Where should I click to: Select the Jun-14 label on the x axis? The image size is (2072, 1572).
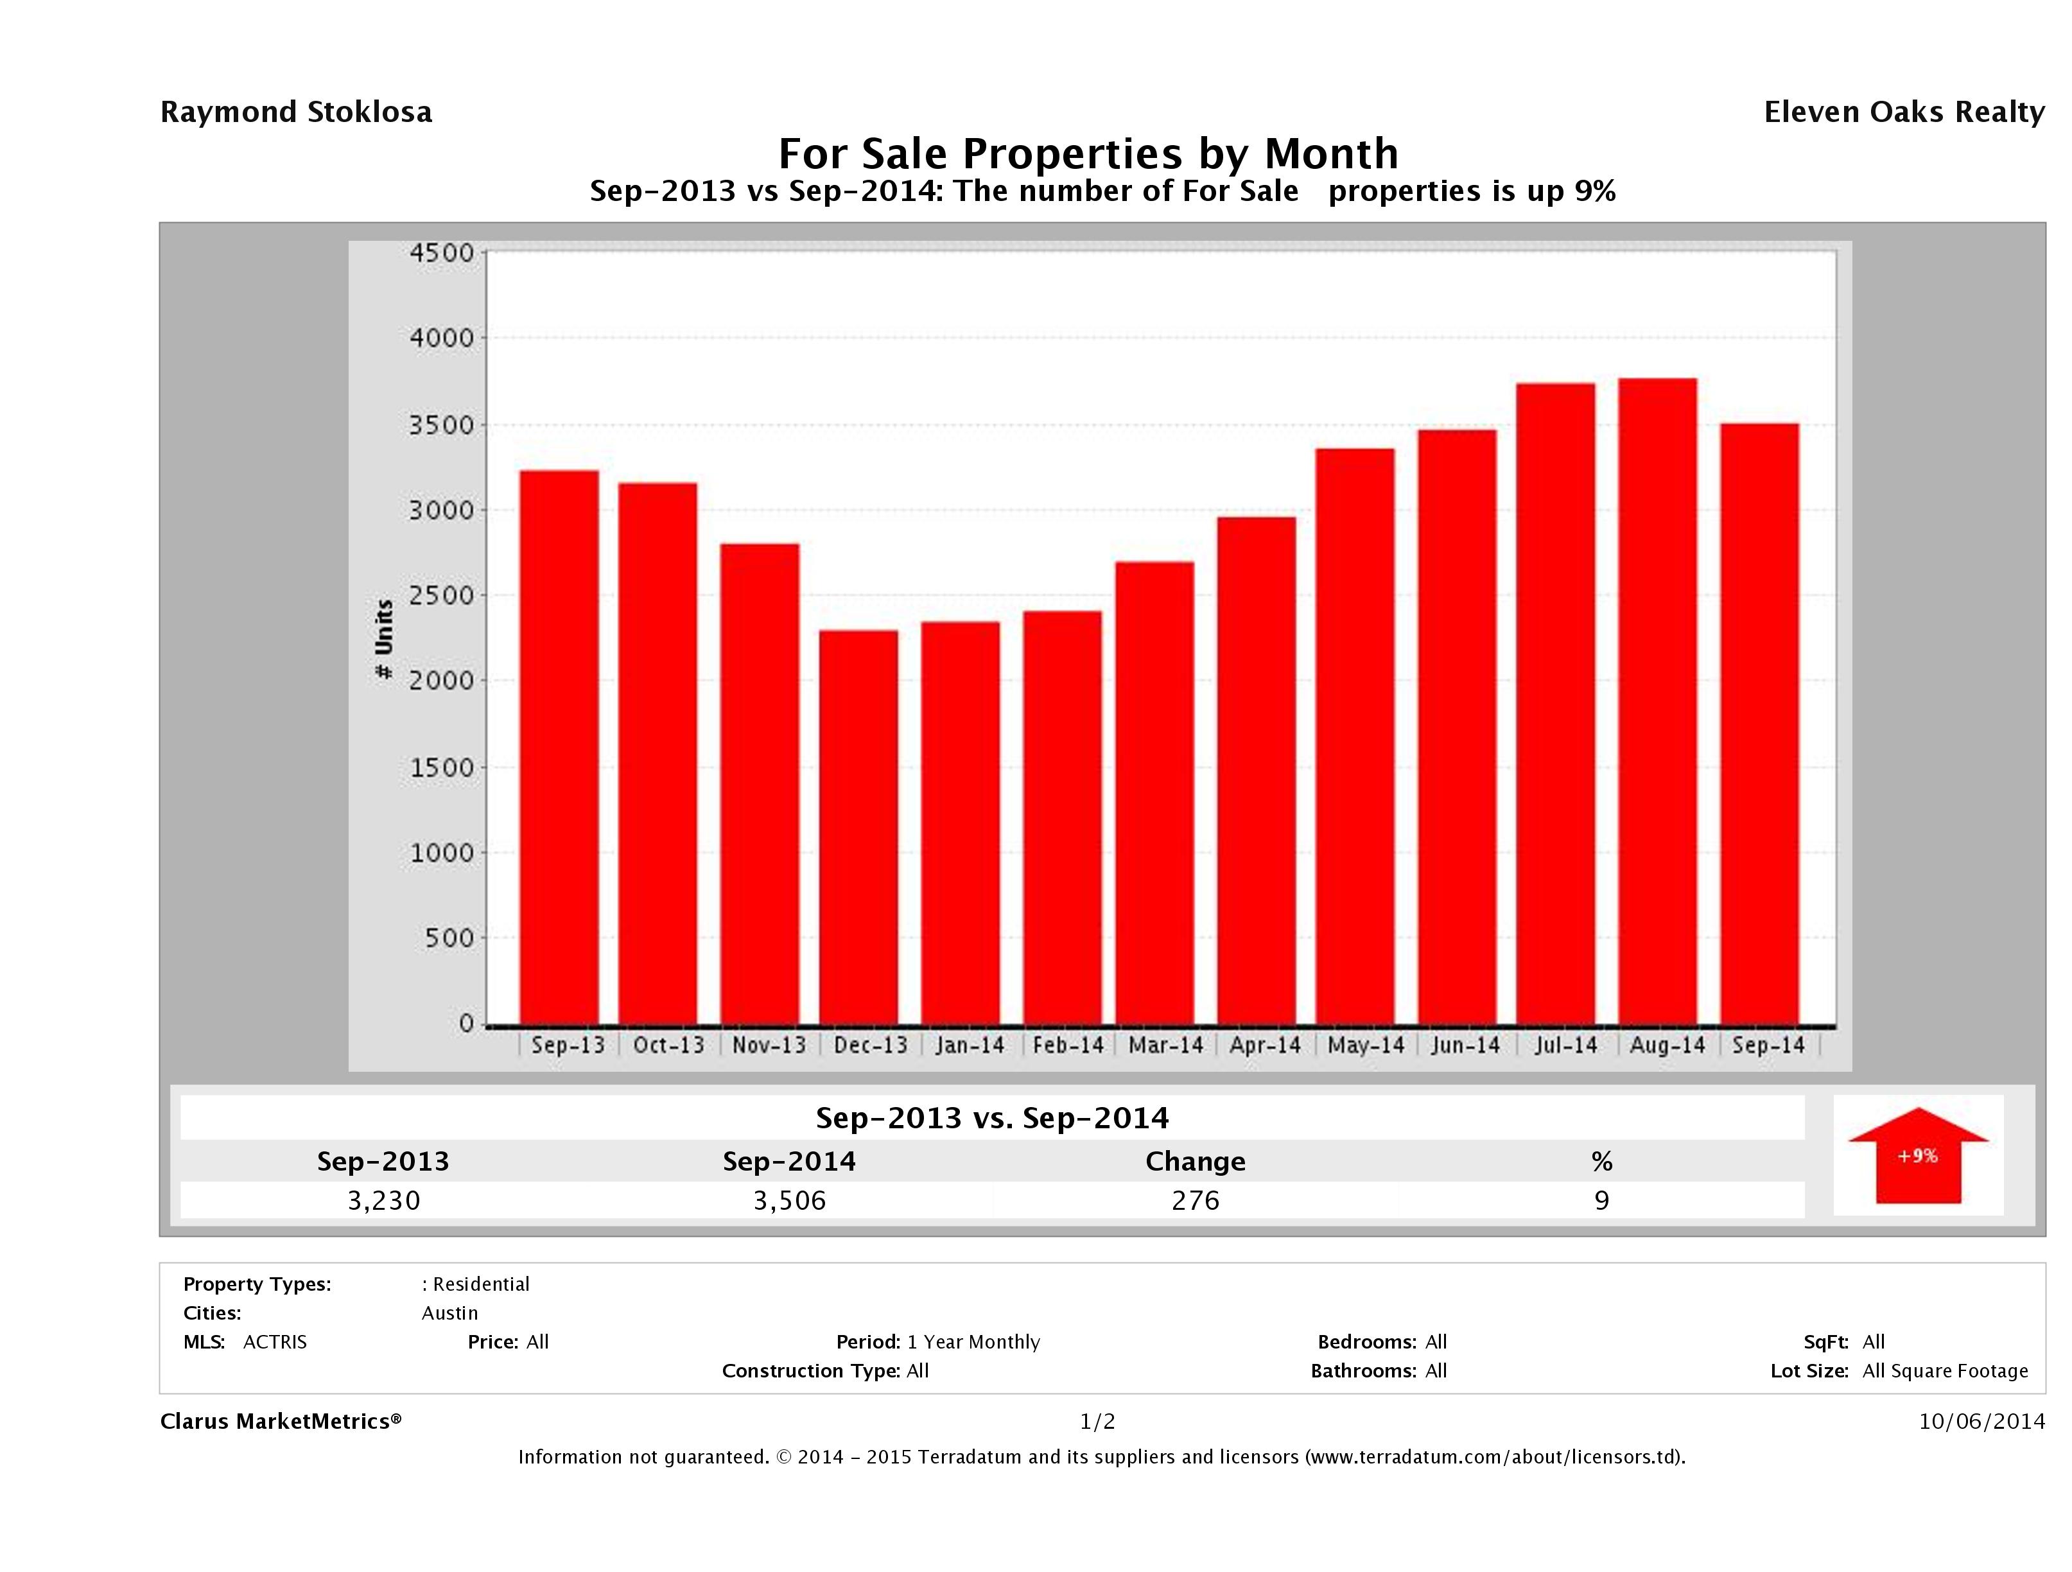1465,1045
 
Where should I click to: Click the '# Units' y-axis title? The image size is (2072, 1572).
384,640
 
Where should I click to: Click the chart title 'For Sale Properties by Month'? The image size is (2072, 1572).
1088,153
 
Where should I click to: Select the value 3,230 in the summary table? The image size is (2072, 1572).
384,1200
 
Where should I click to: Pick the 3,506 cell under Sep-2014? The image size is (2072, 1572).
790,1200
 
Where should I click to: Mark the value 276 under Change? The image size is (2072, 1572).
1196,1200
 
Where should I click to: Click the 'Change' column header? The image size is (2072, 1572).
1196,1162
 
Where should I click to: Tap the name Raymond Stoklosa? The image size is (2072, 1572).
296,112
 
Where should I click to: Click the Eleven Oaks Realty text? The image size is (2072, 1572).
1903,112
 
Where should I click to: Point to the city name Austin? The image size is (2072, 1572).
449,1313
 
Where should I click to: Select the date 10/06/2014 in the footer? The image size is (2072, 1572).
1981,1421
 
